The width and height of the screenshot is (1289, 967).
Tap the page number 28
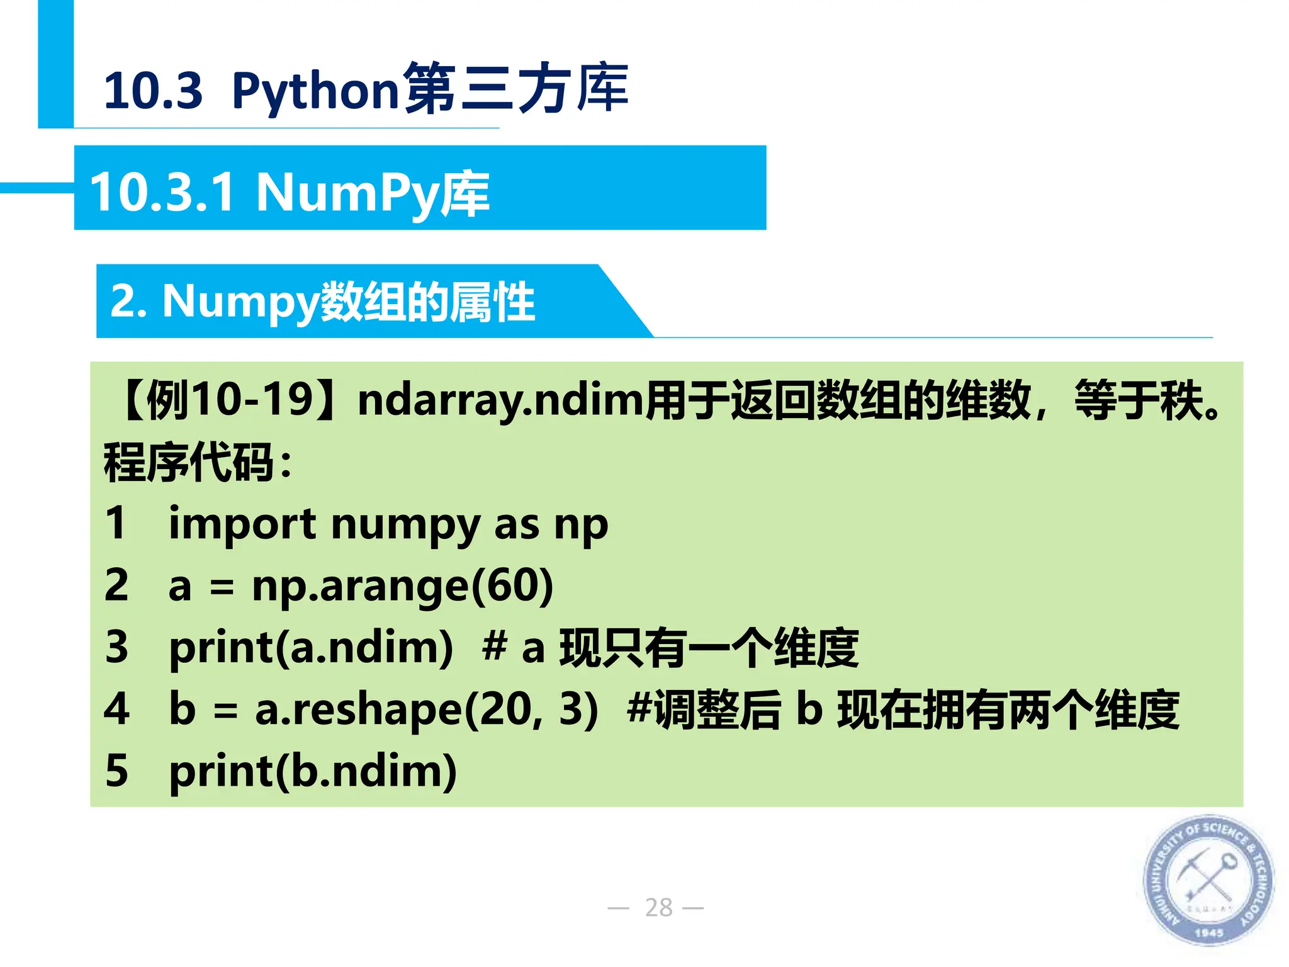tap(658, 907)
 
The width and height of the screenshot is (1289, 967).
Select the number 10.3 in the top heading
tap(153, 91)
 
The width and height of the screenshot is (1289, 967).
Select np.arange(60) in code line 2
tap(402, 586)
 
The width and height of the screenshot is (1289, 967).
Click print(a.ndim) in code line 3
tap(311, 647)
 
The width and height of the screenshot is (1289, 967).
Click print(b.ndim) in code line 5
tap(313, 771)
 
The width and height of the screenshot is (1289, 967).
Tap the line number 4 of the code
tap(117, 709)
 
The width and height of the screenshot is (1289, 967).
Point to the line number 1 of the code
tap(116, 523)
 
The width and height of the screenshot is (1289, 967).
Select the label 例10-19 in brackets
tap(230, 400)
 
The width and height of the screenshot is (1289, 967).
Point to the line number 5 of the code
tap(117, 771)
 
